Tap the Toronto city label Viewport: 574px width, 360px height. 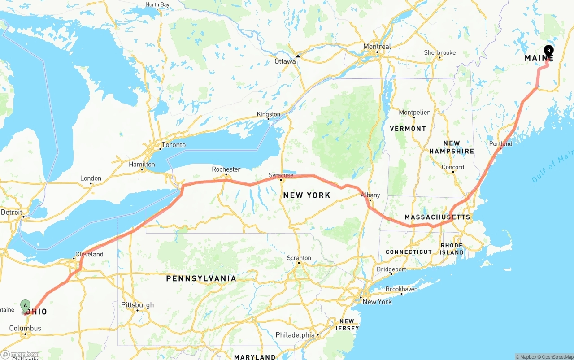174,145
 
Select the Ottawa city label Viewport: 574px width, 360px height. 285,61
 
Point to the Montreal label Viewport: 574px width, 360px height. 377,47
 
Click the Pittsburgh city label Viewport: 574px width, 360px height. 138,305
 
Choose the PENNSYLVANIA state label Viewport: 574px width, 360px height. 201,278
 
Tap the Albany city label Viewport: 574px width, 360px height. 370,195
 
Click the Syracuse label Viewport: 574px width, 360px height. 281,175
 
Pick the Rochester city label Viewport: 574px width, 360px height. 226,169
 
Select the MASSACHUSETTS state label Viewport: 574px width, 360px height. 437,217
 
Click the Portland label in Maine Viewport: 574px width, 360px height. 500,144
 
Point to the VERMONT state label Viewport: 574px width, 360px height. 408,129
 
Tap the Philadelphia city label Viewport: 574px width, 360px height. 295,335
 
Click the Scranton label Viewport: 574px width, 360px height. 299,258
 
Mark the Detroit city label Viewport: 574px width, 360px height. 12,212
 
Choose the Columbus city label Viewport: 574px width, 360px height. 25,328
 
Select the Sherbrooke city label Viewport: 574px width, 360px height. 439,52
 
